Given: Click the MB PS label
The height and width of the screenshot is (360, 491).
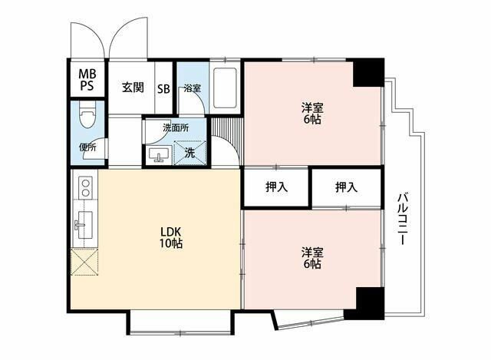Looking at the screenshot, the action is click(87, 80).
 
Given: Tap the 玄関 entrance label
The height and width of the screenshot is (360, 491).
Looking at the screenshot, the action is click(133, 88).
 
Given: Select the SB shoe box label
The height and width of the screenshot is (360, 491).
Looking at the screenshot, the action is click(163, 89).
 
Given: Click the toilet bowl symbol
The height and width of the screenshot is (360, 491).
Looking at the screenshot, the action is click(87, 114).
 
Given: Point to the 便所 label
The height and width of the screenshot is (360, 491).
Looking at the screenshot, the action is click(87, 147).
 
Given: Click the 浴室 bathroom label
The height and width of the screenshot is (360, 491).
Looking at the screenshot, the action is click(193, 88).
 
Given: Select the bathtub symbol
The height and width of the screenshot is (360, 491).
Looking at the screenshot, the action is click(225, 88).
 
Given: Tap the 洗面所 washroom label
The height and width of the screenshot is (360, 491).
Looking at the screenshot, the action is click(176, 128).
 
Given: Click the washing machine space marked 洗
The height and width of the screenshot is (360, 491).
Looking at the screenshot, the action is click(189, 153).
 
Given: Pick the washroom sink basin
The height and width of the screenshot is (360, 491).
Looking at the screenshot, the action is click(159, 154).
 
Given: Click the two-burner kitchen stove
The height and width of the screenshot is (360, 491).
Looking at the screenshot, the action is click(85, 187).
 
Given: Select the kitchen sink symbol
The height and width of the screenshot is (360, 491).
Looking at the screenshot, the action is click(85, 224).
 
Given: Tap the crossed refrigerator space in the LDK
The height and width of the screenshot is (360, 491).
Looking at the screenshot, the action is click(84, 262).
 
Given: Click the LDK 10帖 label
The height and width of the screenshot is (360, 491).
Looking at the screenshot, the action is click(171, 238).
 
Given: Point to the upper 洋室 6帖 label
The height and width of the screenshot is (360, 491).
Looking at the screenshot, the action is click(312, 113).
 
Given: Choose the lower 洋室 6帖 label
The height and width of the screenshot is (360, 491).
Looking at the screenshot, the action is click(312, 258).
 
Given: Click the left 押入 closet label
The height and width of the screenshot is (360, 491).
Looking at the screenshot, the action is click(276, 187).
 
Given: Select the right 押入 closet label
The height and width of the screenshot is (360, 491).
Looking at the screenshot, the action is click(346, 187).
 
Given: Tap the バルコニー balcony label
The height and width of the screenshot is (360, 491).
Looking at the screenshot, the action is click(402, 219).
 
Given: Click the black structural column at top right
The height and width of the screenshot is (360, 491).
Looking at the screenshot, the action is click(368, 73).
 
